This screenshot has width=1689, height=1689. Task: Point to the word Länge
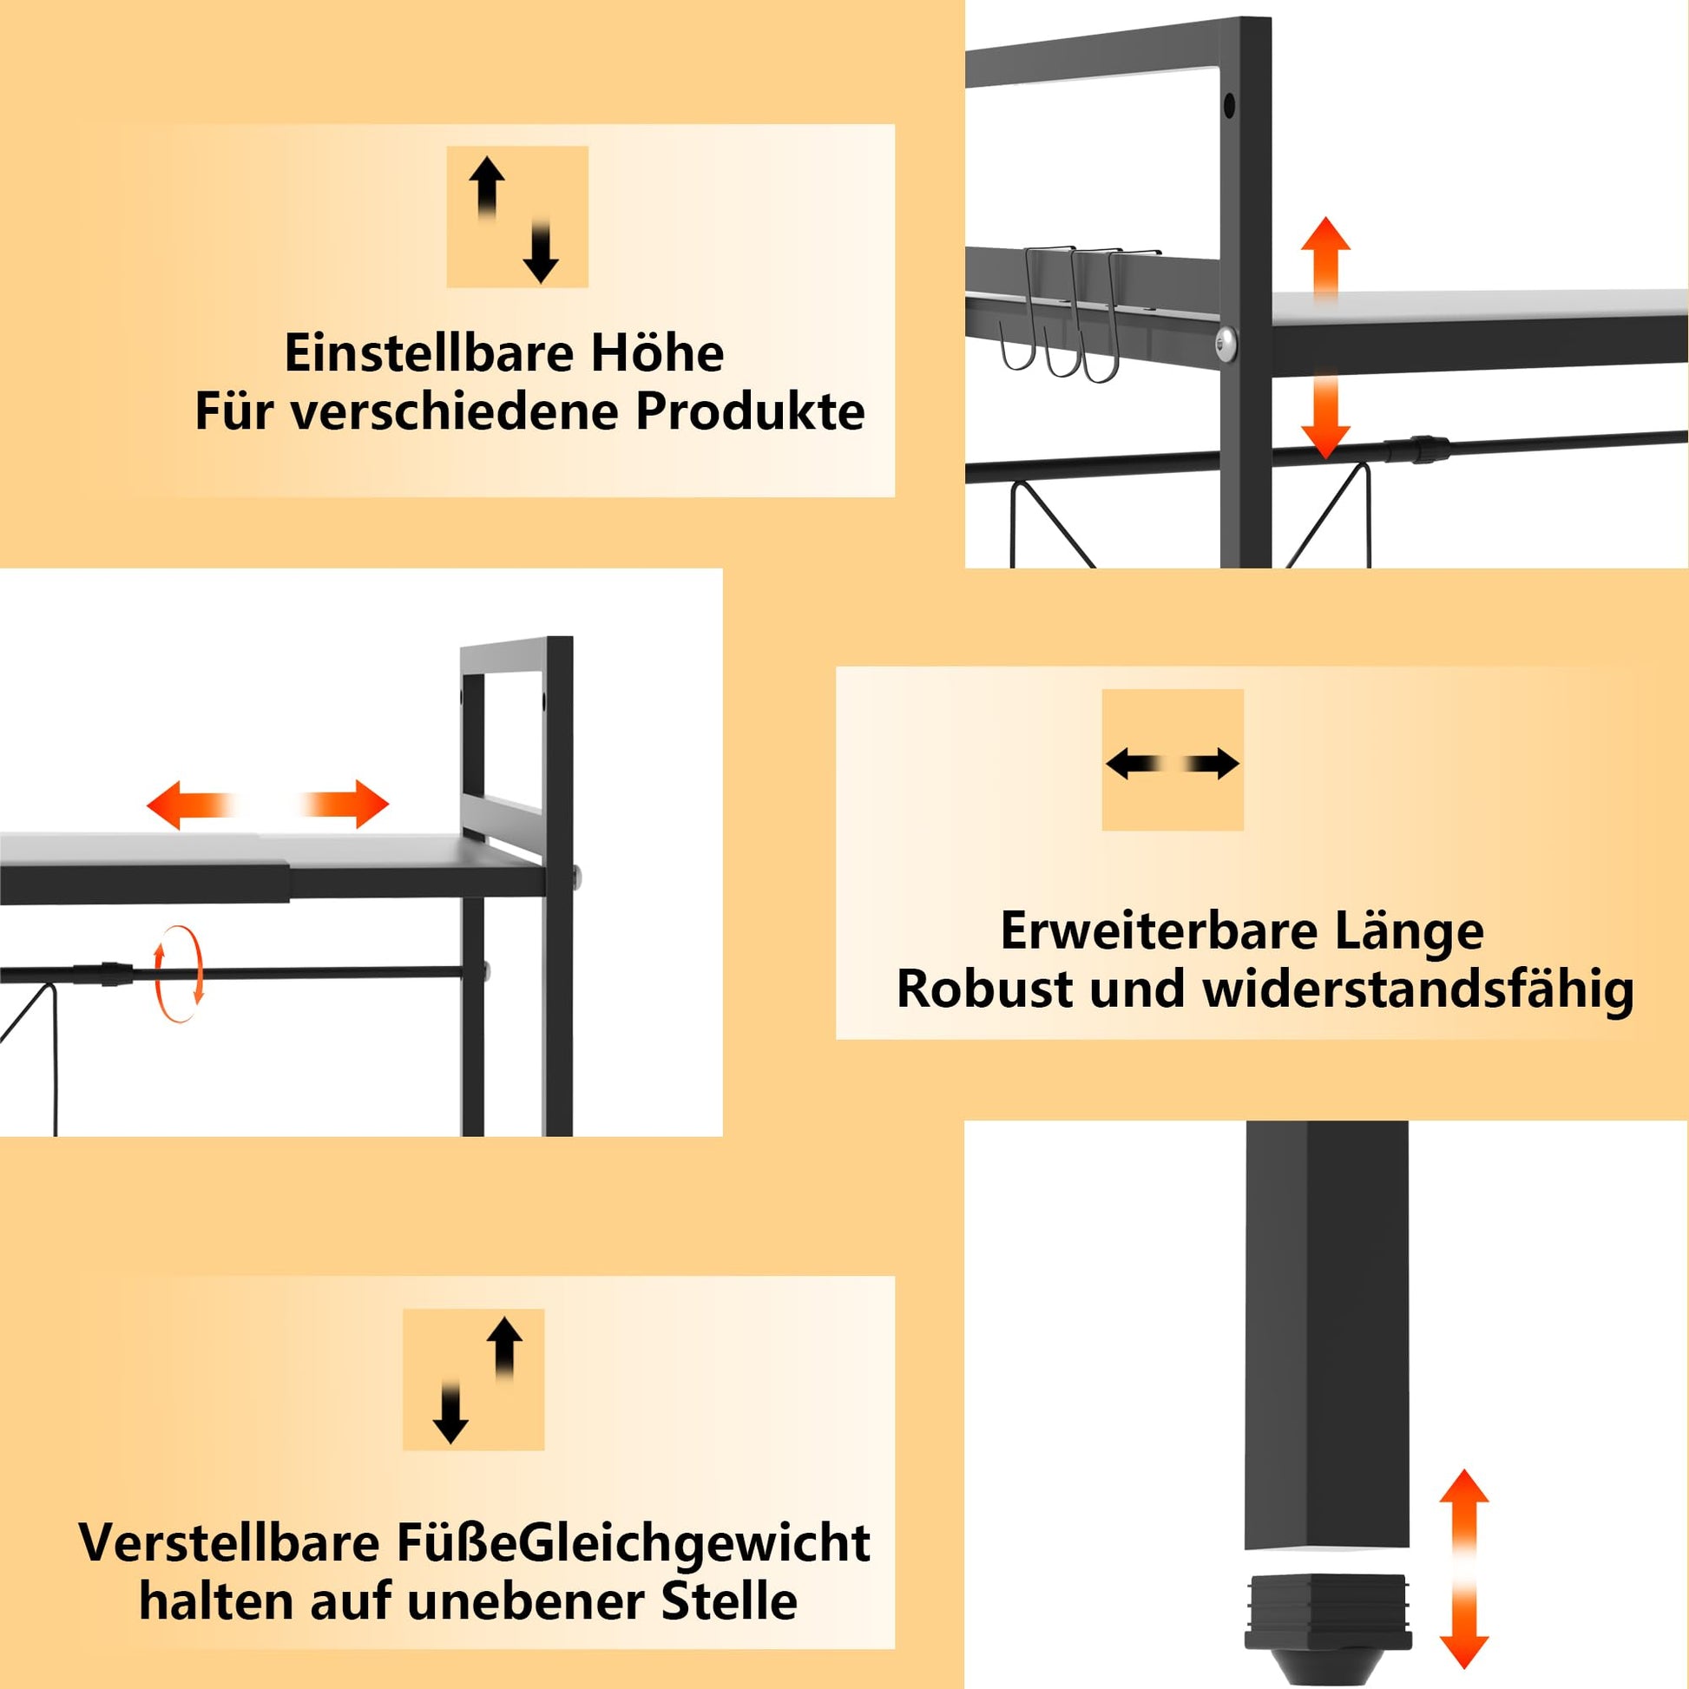[x=1409, y=932]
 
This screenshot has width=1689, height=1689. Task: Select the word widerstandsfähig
[x=1418, y=991]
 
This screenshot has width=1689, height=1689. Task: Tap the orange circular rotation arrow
[x=178, y=973]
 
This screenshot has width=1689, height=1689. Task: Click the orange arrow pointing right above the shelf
[x=344, y=804]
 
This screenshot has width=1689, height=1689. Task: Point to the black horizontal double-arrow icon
[x=1173, y=764]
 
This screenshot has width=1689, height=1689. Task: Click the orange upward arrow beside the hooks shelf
[x=1325, y=258]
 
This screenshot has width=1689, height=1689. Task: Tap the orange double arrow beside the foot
[x=1463, y=1569]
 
